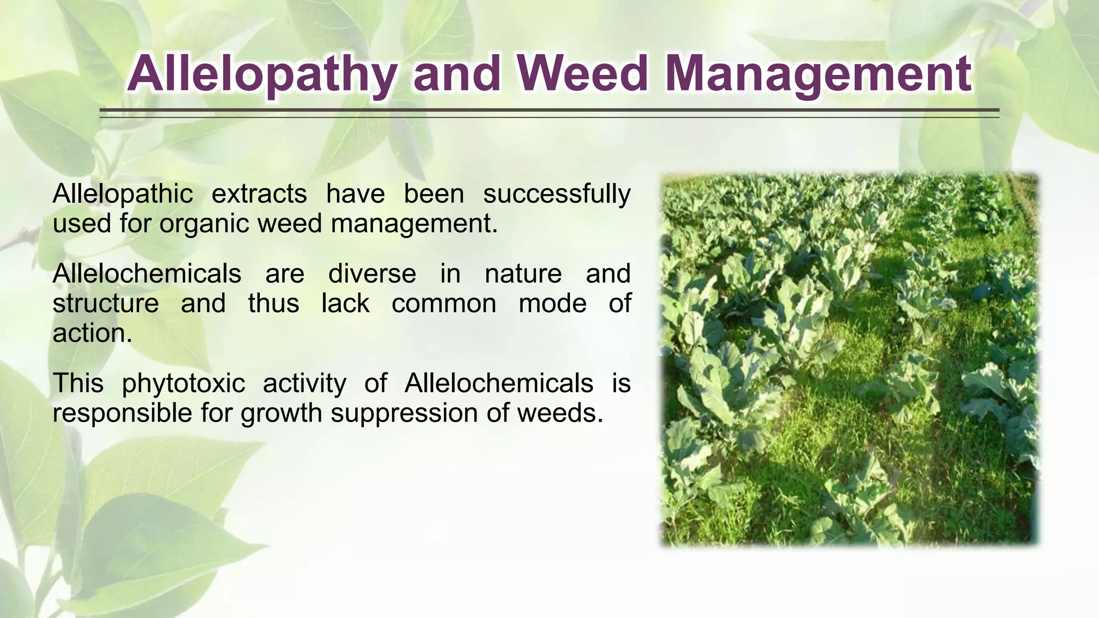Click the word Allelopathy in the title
coord(266,75)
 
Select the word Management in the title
coord(817,75)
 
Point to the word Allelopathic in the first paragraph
coord(122,194)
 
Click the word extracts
coord(259,194)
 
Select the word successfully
coord(556,194)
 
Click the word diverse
coord(372,274)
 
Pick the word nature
coord(523,274)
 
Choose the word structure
coord(106,304)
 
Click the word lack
coord(345,304)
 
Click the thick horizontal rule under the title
coord(549,110)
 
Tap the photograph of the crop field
coord(849,359)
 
